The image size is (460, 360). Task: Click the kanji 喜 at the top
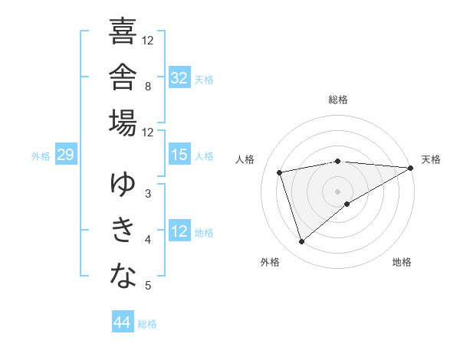pos(123,31)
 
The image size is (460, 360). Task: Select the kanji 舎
pos(123,77)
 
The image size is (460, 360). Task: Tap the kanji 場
pos(123,123)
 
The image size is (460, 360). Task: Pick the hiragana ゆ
pos(123,184)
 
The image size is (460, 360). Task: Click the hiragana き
pos(123,230)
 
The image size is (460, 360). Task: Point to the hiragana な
pos(123,276)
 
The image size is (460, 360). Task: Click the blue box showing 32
pos(179,77)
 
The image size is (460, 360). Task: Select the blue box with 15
pos(179,154)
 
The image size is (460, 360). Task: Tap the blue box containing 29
pos(66,154)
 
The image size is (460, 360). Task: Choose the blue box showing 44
pos(123,321)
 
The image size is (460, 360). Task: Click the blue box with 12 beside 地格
pos(179,230)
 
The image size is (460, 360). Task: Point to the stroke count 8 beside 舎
pos(148,87)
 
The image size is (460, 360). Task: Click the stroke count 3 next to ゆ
pos(148,194)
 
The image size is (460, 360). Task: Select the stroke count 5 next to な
pos(148,285)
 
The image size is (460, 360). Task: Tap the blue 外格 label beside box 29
pos(41,156)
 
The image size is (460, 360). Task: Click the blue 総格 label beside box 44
pos(147,324)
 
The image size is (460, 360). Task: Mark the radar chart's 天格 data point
pos(411,168)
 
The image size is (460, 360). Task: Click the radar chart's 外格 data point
pos(301,242)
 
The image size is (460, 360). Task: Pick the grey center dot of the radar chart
pos(337,191)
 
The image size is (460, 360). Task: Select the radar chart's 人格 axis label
pos(245,159)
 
